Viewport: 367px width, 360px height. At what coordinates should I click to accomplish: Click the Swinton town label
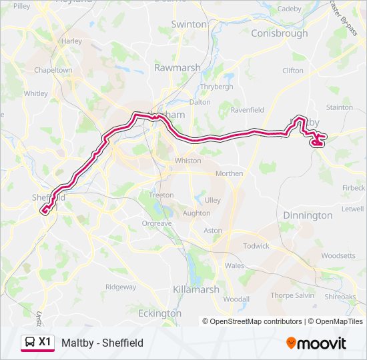point(189,24)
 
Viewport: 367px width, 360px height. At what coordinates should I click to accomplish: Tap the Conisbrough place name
point(279,33)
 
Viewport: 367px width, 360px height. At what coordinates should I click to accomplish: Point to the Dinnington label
point(307,215)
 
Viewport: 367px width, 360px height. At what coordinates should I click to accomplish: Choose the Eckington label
point(159,313)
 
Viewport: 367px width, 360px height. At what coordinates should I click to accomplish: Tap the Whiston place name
point(187,161)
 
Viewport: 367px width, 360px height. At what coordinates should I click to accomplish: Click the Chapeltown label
point(53,70)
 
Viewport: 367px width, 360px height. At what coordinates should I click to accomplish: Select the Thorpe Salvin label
point(292,295)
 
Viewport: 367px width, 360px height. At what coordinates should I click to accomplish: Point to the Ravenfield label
point(247,110)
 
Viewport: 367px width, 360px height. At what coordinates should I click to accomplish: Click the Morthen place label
point(229,173)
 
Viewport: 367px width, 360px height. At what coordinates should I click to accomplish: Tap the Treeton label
point(161,195)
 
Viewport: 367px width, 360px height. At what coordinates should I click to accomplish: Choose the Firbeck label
point(353,188)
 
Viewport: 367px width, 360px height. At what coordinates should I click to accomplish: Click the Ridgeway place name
point(120,287)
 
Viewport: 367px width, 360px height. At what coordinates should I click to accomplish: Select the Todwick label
point(256,246)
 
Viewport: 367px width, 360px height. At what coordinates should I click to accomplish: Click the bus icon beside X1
point(30,343)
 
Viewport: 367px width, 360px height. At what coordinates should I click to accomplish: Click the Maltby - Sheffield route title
point(102,343)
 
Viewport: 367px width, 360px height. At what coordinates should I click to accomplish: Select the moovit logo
point(316,343)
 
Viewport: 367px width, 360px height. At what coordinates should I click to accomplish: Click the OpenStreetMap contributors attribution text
point(252,321)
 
